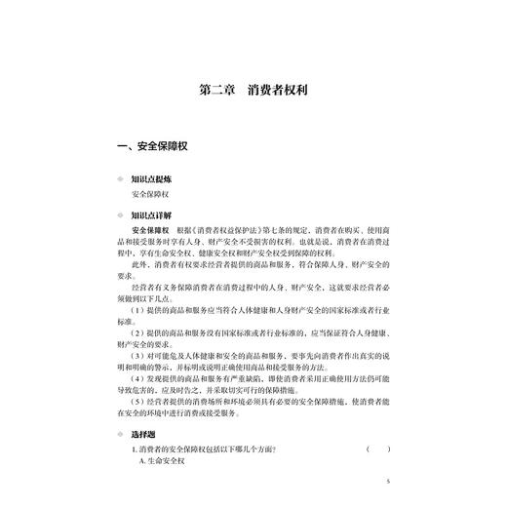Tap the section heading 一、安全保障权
coord(157,149)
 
